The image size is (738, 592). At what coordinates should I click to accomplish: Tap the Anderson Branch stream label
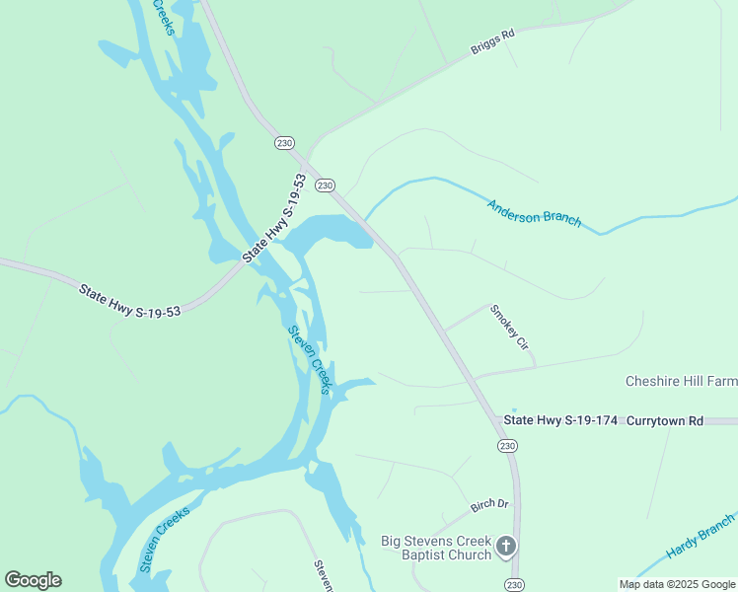534,211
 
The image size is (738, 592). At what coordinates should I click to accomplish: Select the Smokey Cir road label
510,328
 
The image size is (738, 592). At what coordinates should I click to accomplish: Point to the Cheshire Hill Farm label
681,381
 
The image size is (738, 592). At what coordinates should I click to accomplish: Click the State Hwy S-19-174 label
560,420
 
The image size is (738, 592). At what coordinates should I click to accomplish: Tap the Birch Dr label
489,504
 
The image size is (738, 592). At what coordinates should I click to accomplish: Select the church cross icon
505,547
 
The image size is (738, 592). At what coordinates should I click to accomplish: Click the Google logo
33,580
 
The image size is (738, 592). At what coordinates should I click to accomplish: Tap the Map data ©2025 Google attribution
676,584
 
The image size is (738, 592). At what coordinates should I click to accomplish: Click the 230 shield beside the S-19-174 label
506,446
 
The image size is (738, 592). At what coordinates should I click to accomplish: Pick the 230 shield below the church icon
513,584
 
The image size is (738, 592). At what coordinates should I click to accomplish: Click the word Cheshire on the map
653,381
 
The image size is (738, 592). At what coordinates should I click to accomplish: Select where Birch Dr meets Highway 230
517,500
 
